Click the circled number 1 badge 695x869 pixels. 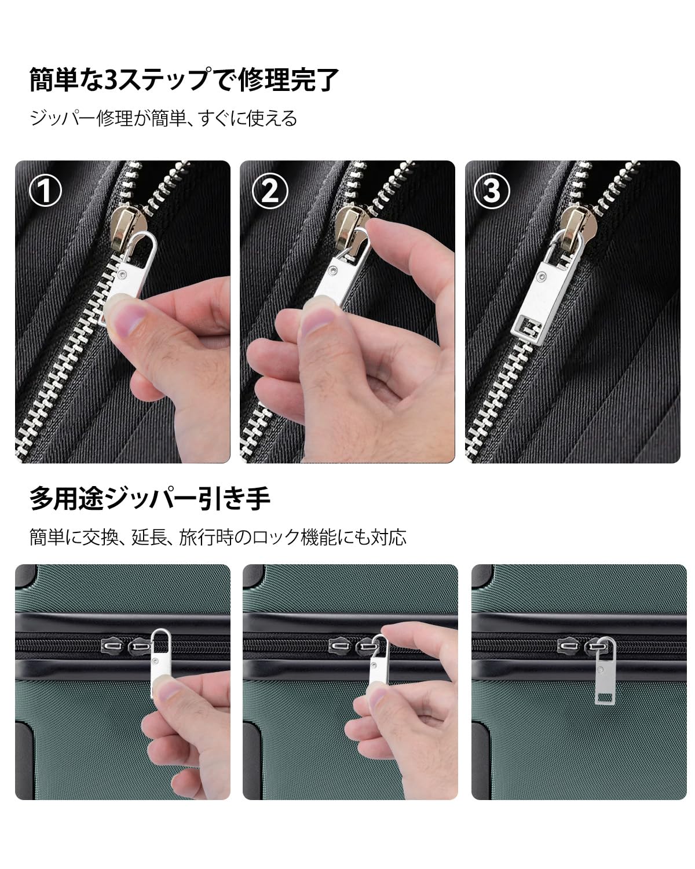point(45,190)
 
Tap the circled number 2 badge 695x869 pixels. point(270,190)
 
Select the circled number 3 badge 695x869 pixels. point(492,190)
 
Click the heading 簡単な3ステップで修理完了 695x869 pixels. point(184,79)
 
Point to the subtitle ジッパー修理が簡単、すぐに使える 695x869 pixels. point(163,118)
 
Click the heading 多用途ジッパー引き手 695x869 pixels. point(150,499)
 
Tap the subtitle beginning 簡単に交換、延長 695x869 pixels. point(218,538)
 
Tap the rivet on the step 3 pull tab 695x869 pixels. point(543,276)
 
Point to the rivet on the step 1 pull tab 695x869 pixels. point(123,275)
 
